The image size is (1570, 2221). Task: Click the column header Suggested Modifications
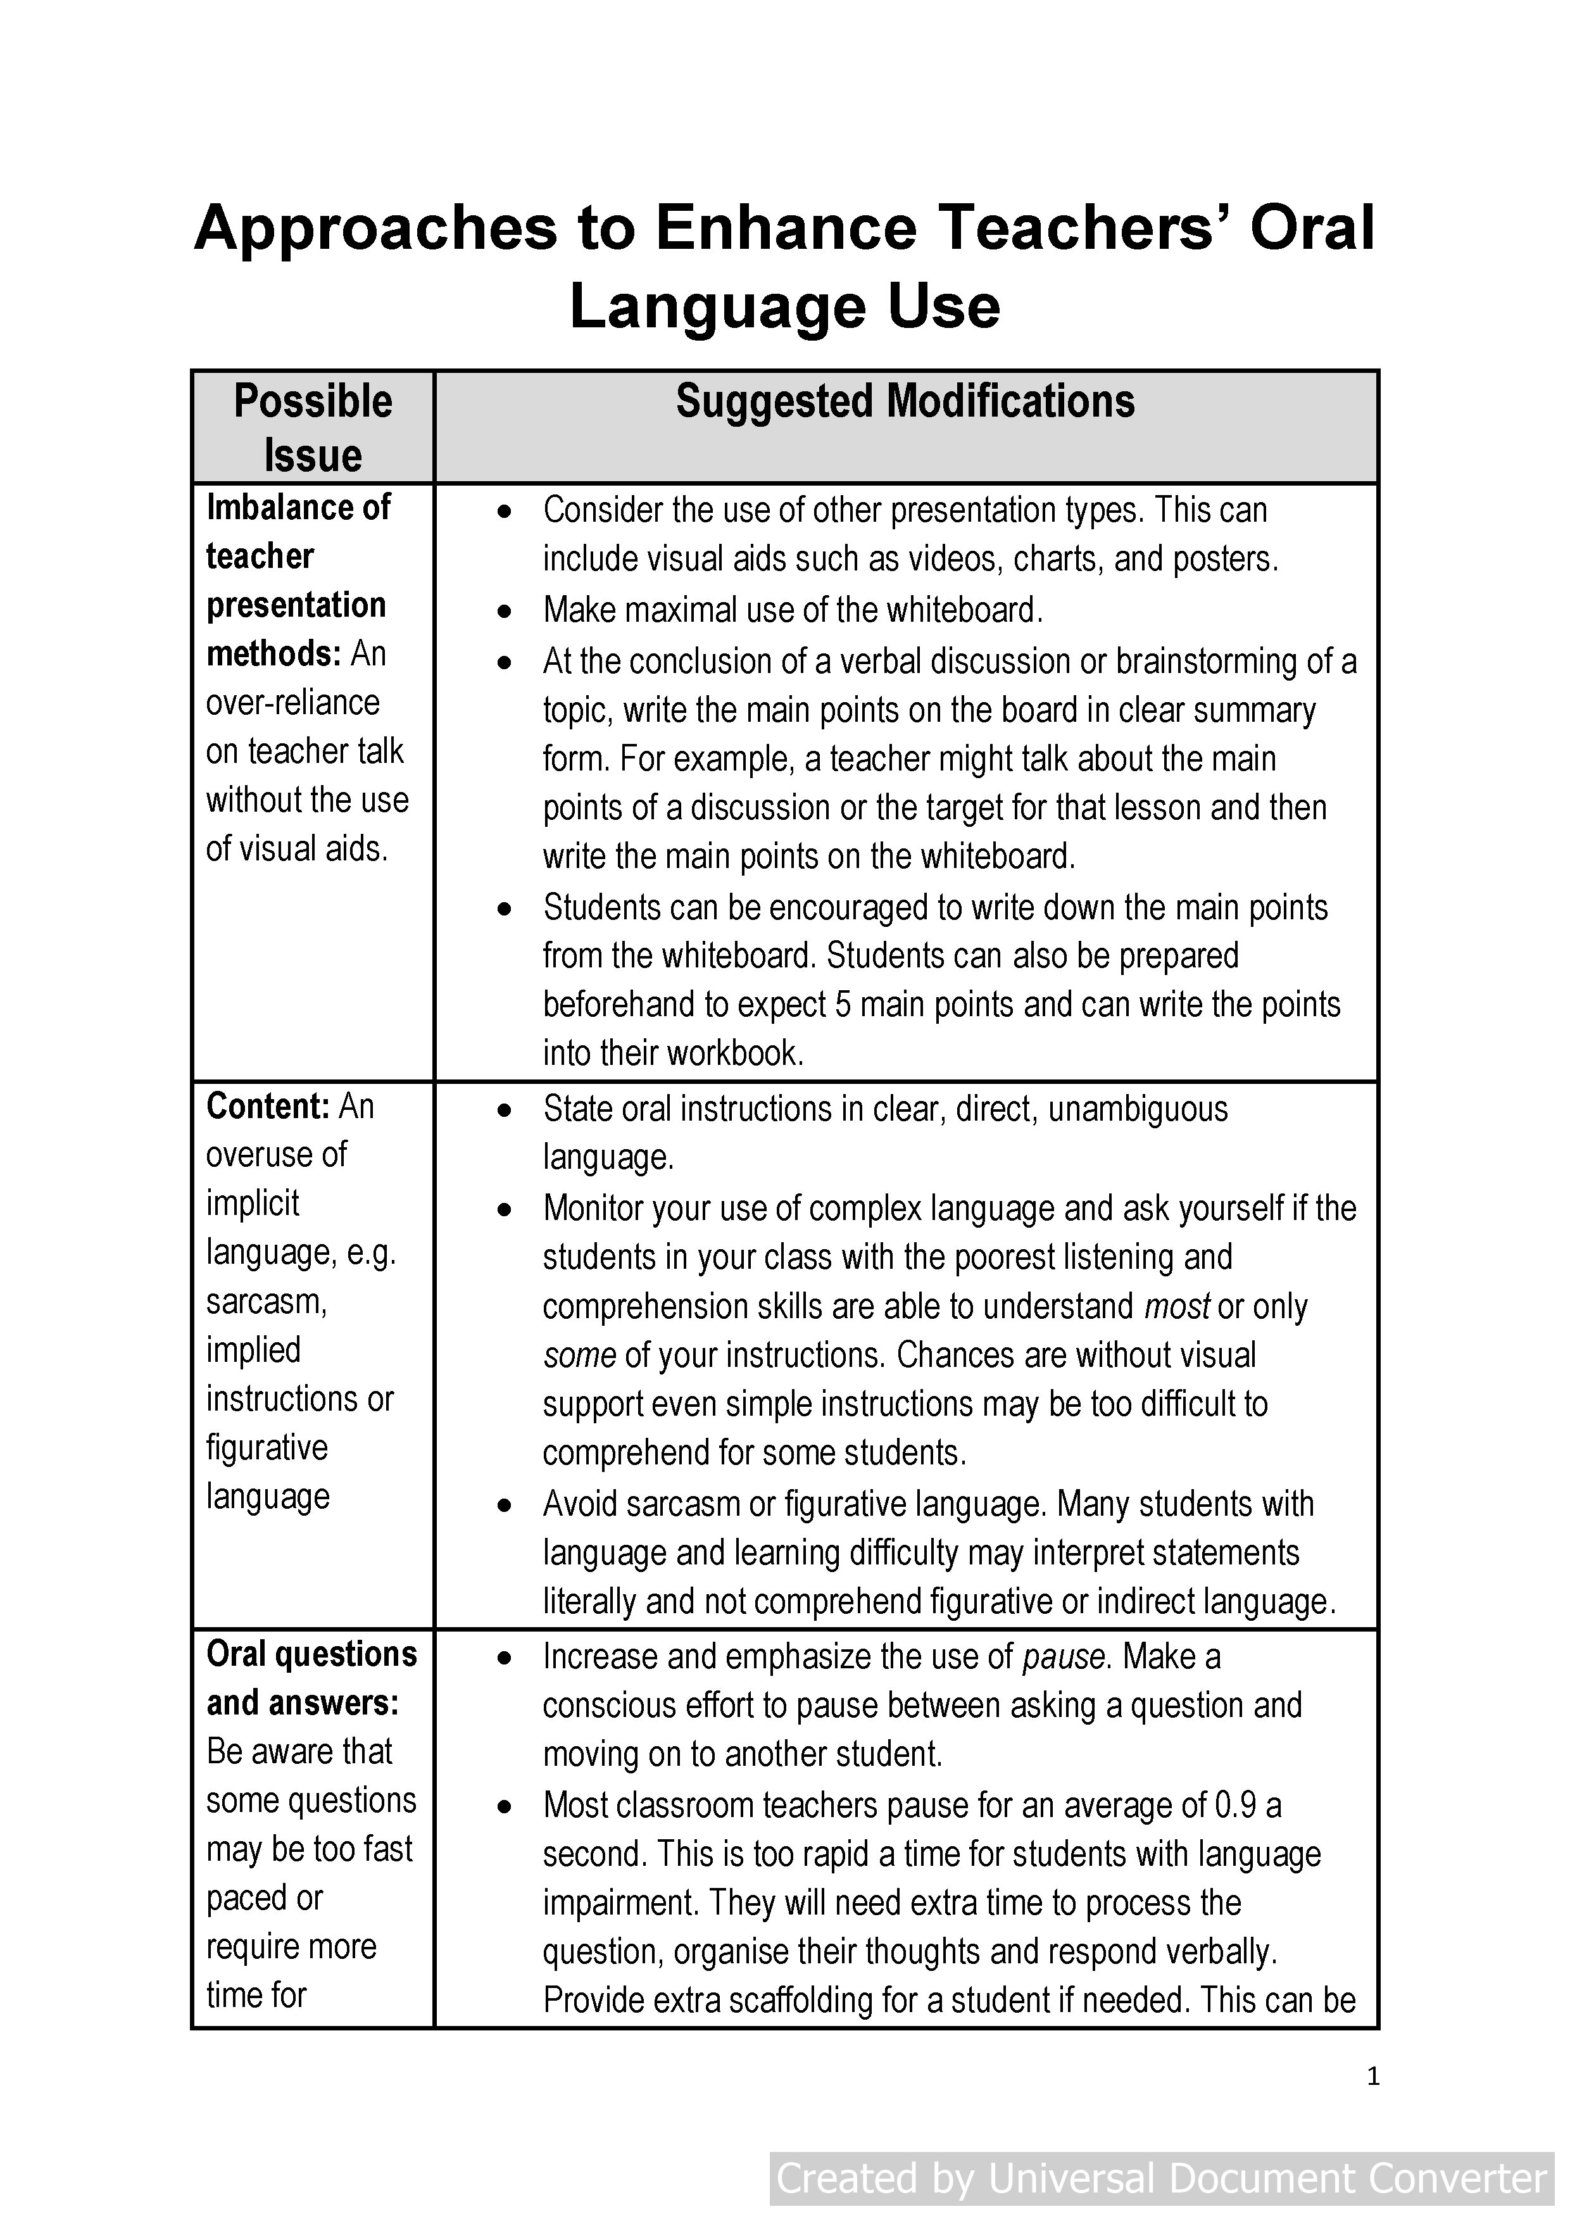coord(905,401)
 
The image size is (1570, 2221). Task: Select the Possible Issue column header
coord(313,427)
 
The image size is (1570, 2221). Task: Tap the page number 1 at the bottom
coord(1372,2077)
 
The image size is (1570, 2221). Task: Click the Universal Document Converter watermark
coord(1162,2179)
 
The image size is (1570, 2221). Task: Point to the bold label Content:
coord(268,1105)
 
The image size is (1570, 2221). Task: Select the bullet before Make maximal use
coord(504,612)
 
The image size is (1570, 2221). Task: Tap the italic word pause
coord(1063,1657)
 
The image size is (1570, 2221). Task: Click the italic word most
coord(1176,1307)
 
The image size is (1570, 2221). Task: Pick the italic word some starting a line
coord(579,1356)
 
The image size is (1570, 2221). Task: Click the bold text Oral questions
coord(311,1654)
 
